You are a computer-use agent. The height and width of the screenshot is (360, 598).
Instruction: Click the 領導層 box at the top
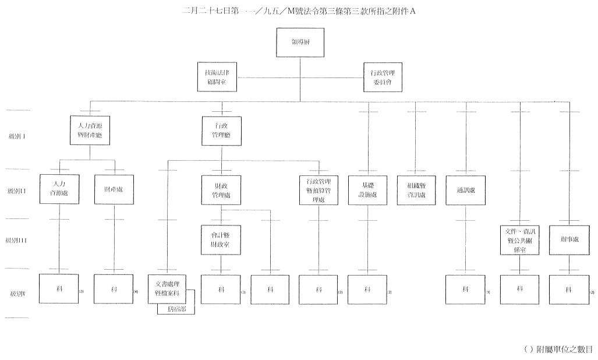(300, 42)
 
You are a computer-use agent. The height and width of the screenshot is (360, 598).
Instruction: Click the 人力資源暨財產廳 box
(90, 130)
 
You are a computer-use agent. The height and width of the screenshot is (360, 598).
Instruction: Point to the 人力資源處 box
(59, 189)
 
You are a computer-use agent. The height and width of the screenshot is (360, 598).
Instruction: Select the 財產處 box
(114, 189)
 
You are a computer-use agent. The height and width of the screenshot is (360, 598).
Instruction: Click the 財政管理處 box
(221, 190)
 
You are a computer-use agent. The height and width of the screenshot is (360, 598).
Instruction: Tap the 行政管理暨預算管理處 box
(319, 190)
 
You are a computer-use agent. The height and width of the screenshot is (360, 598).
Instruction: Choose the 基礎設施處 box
(367, 190)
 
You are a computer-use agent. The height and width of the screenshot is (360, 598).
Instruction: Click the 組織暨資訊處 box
(416, 190)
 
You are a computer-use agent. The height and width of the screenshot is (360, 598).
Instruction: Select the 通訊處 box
(466, 190)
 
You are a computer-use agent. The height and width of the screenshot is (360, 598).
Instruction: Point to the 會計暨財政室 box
(221, 239)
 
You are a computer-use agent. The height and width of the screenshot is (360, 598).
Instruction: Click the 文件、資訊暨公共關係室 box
(519, 239)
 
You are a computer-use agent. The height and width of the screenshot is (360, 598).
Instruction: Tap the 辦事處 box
(568, 239)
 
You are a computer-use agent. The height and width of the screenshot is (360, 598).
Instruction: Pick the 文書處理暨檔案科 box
(168, 288)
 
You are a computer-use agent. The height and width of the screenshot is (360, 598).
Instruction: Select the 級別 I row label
(17, 135)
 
